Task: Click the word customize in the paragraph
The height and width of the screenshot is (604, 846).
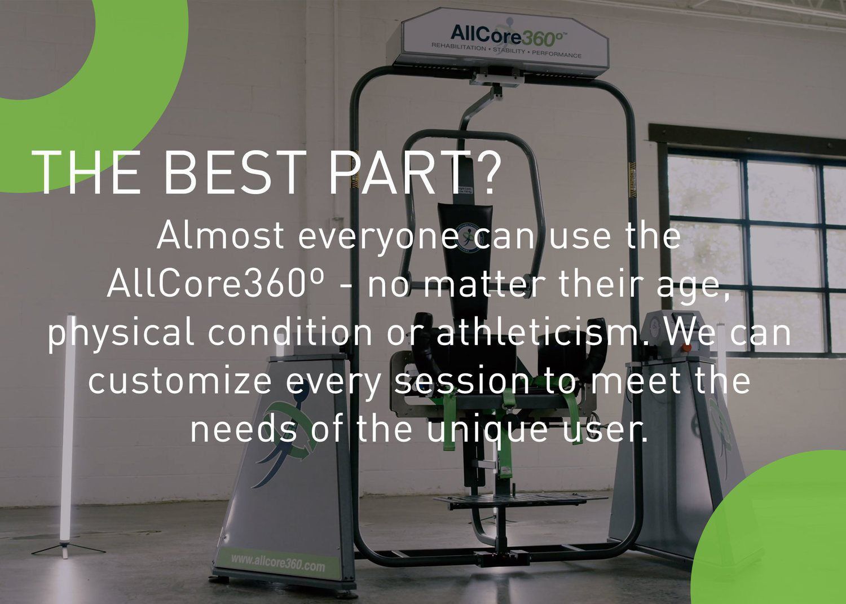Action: click(x=181, y=381)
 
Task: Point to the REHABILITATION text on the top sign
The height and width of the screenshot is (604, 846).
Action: click(x=457, y=47)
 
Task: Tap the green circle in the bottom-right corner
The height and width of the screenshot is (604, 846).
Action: click(x=778, y=536)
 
